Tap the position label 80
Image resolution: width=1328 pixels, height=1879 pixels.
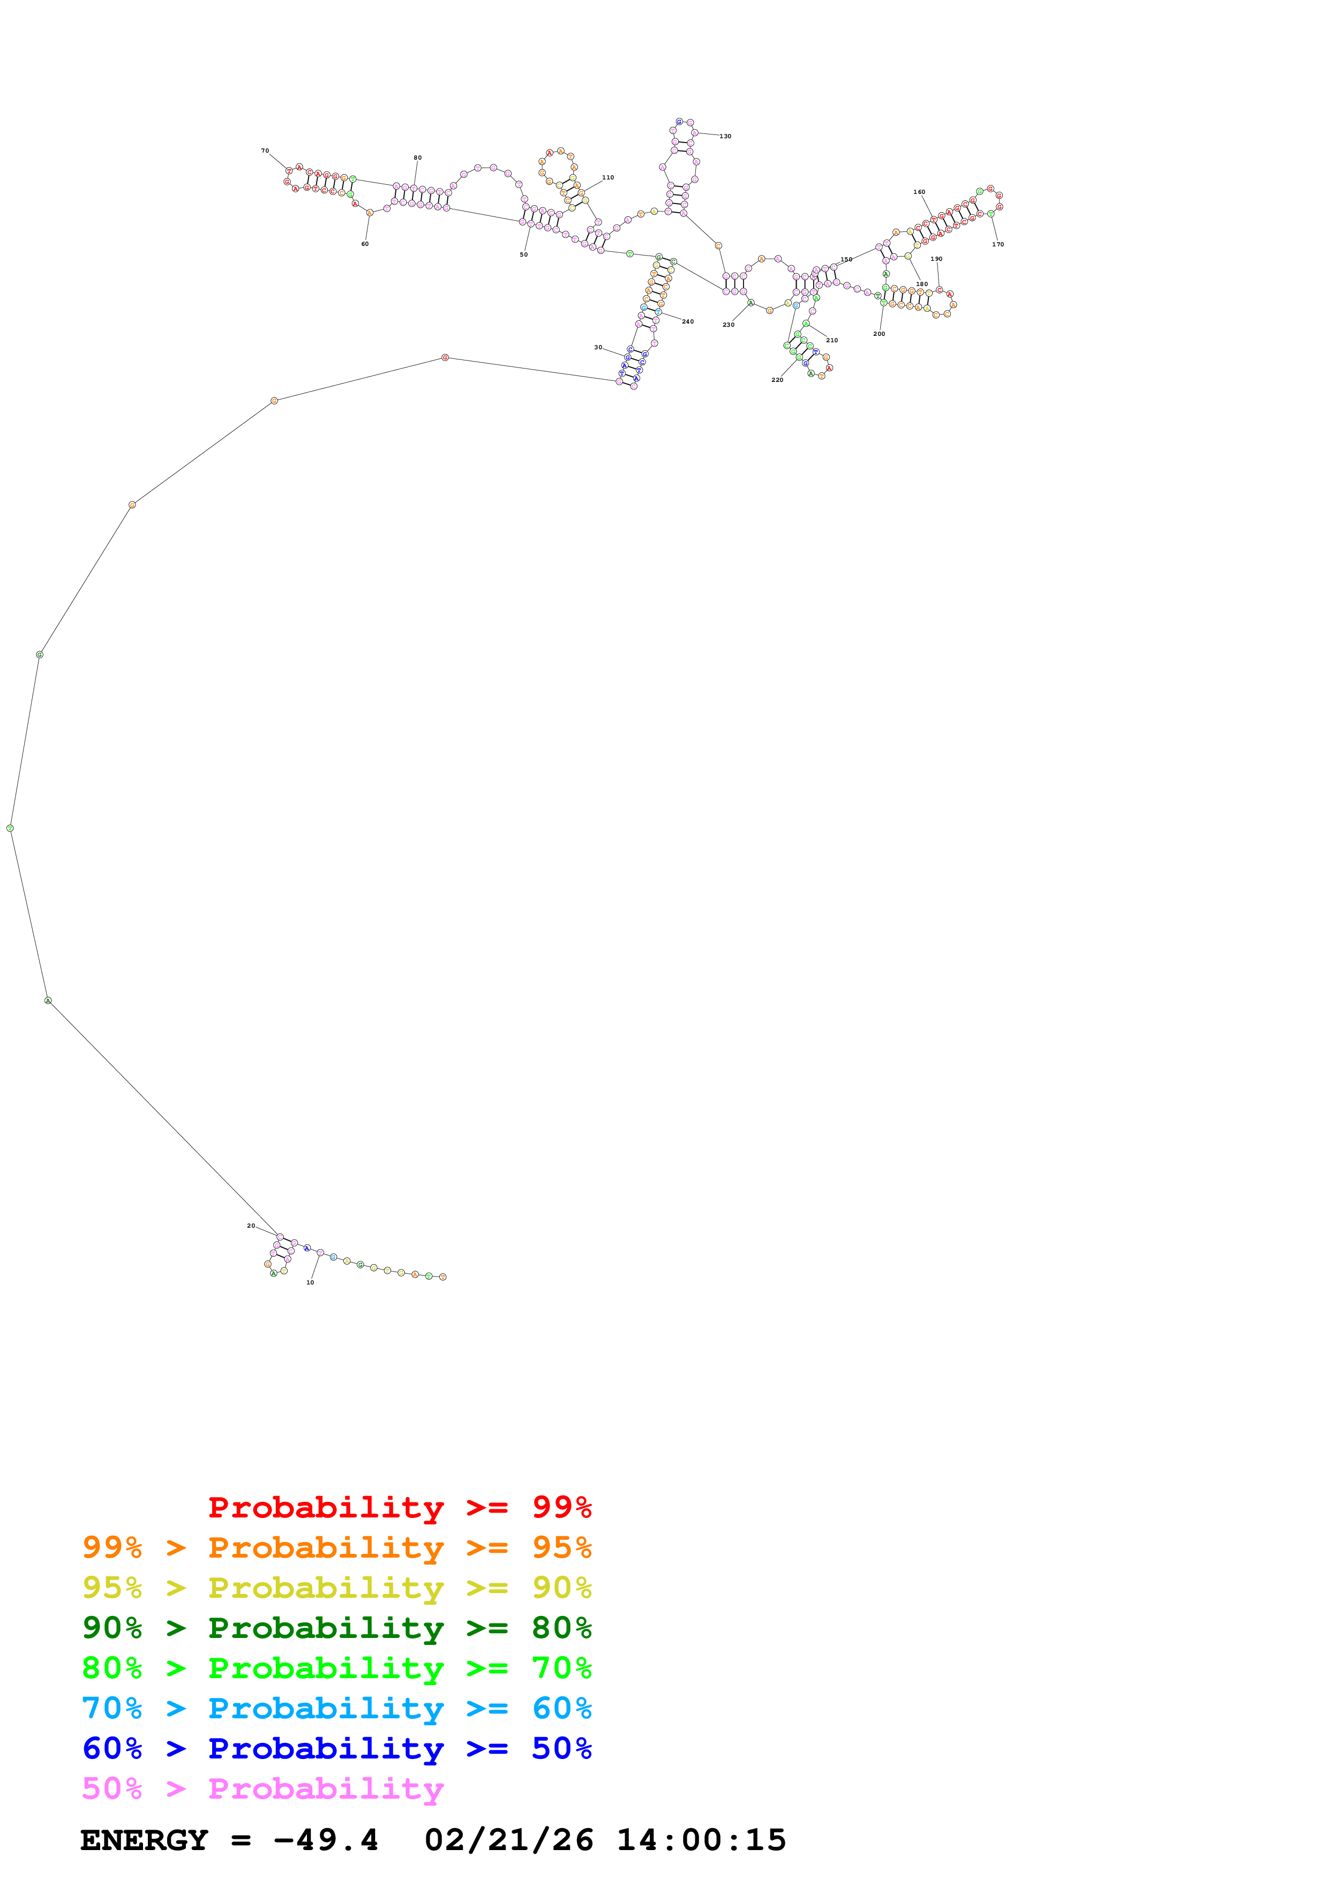point(417,157)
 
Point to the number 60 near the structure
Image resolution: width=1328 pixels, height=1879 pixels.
point(365,244)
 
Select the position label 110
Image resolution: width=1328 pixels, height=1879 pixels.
point(608,177)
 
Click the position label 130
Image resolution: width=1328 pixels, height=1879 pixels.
point(725,136)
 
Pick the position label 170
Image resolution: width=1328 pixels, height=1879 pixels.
point(997,244)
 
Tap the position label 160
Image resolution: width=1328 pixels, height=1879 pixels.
point(919,192)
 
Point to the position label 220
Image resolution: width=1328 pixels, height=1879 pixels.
point(777,380)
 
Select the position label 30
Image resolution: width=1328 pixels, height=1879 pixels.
point(598,347)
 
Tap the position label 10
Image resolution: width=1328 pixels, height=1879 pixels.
point(310,1282)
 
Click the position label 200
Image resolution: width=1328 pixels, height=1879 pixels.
point(879,333)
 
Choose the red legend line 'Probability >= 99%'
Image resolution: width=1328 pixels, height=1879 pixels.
point(399,1507)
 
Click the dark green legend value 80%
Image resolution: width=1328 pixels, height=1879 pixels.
point(561,1628)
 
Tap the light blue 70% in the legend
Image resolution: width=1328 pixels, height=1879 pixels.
point(111,1708)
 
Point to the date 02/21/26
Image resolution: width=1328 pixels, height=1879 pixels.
point(508,1840)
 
